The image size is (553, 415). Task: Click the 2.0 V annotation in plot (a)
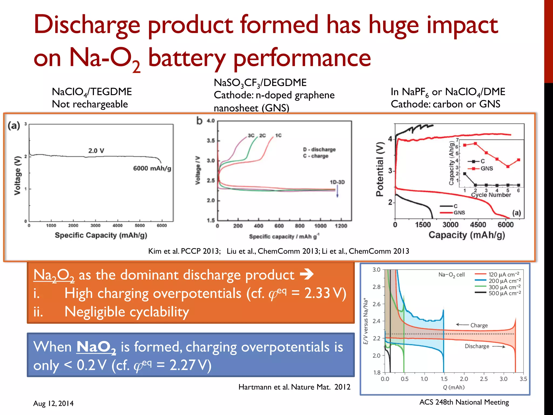[x=96, y=151]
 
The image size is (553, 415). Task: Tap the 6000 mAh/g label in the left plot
[x=152, y=168]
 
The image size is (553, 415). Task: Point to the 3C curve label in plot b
[x=251, y=136]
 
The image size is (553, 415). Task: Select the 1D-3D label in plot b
[x=337, y=182]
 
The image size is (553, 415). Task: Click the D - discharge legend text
[x=319, y=149]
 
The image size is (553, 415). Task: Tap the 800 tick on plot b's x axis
[x=300, y=226]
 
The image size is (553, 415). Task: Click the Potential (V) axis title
[x=380, y=169]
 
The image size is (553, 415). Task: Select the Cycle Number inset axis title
[x=491, y=195]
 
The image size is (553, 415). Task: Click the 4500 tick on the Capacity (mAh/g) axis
[x=478, y=225]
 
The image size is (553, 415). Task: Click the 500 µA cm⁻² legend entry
[x=504, y=293]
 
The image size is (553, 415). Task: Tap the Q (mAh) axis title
[x=454, y=387]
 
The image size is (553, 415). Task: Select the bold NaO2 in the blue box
[x=96, y=347]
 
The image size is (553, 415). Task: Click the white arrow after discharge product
[x=307, y=275]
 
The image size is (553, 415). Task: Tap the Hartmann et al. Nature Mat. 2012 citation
[x=294, y=387]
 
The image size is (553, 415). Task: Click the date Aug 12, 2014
[x=53, y=403]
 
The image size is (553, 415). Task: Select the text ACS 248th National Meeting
[x=464, y=402]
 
